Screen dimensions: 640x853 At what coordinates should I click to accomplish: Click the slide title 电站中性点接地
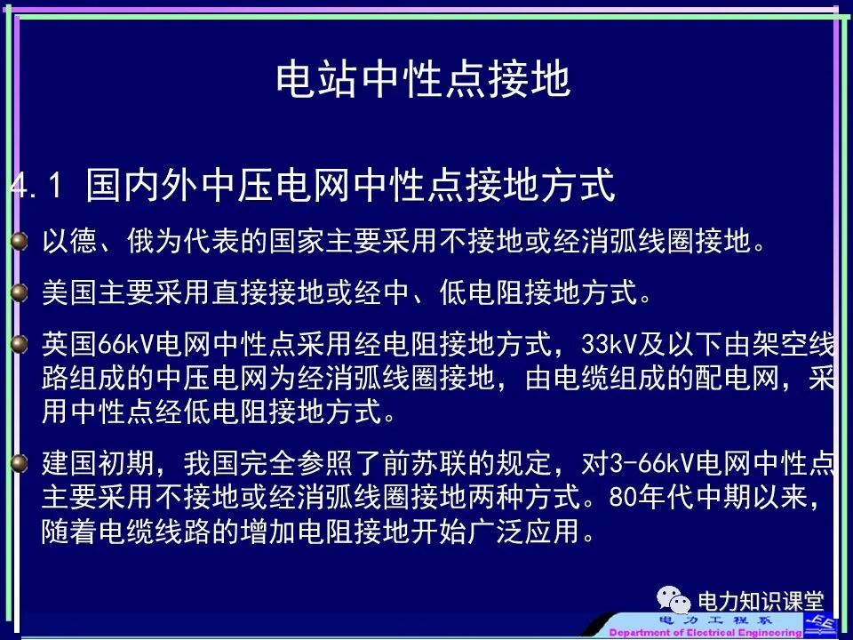[x=422, y=79]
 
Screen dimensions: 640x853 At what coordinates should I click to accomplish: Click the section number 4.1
[x=36, y=187]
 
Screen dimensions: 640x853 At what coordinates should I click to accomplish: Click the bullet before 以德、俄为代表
[x=20, y=241]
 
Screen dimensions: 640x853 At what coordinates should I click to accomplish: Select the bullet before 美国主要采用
[x=20, y=292]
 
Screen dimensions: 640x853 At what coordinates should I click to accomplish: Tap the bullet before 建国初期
[x=20, y=462]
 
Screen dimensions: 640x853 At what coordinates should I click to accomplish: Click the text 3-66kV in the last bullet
[x=653, y=463]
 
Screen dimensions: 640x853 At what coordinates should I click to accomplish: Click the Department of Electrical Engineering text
[x=711, y=632]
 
